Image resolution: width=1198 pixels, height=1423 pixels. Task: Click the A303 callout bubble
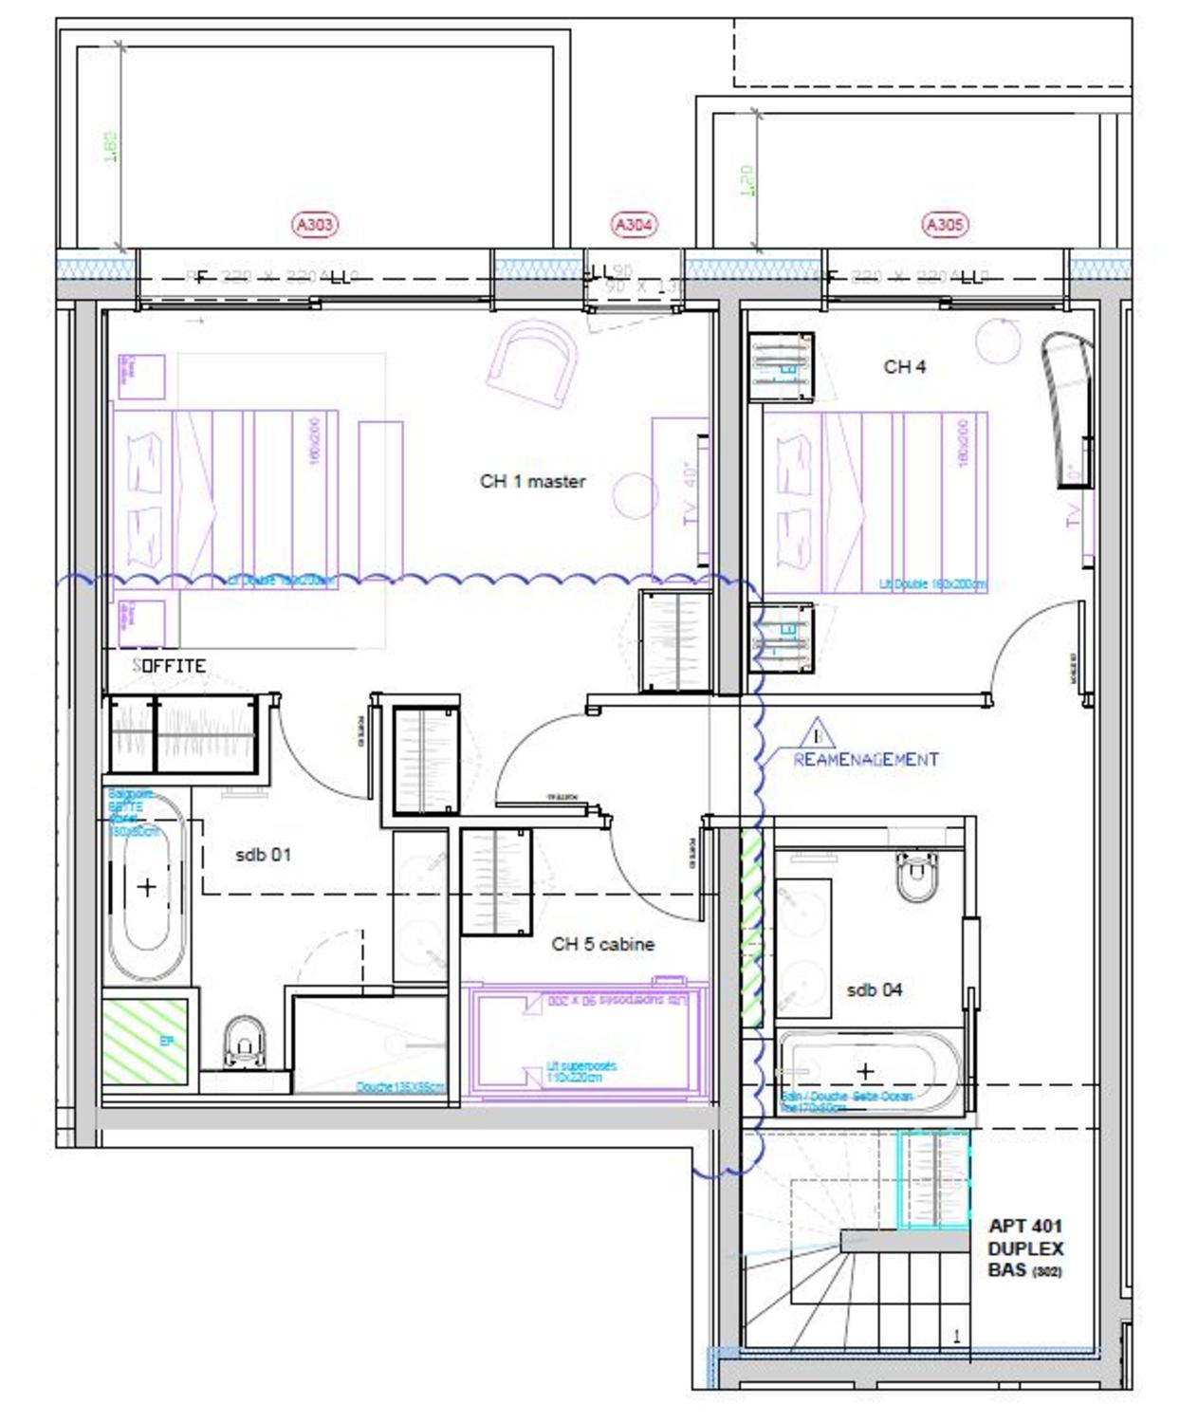314,225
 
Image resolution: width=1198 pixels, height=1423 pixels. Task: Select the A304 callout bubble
633,225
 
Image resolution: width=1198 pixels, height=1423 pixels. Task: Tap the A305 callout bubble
943,225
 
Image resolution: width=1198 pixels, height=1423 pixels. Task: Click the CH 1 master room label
532,481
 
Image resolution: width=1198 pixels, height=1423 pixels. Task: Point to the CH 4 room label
904,366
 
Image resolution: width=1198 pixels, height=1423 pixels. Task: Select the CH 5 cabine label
602,944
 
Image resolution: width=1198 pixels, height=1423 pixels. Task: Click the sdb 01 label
263,855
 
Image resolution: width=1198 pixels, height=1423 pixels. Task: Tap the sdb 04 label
874,989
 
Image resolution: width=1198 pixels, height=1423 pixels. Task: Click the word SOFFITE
169,666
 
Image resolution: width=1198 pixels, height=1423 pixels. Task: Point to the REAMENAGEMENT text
865,759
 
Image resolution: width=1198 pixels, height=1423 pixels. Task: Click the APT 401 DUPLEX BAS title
1025,1248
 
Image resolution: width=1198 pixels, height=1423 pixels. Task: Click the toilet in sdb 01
245,1041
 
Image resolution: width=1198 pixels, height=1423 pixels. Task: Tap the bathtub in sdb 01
147,887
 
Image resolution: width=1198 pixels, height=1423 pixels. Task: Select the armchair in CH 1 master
531,361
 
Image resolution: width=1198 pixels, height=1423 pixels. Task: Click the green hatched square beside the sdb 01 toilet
146,1041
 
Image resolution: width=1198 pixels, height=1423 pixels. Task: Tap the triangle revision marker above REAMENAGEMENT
818,734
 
